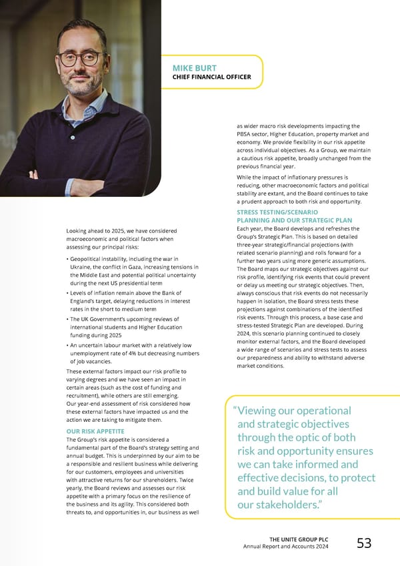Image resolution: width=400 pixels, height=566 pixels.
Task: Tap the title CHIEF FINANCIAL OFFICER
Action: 211,77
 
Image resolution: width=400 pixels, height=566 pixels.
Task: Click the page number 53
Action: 364,543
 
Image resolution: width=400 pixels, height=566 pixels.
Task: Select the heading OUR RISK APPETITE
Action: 94,431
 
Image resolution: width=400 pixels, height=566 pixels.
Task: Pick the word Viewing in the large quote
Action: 262,411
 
